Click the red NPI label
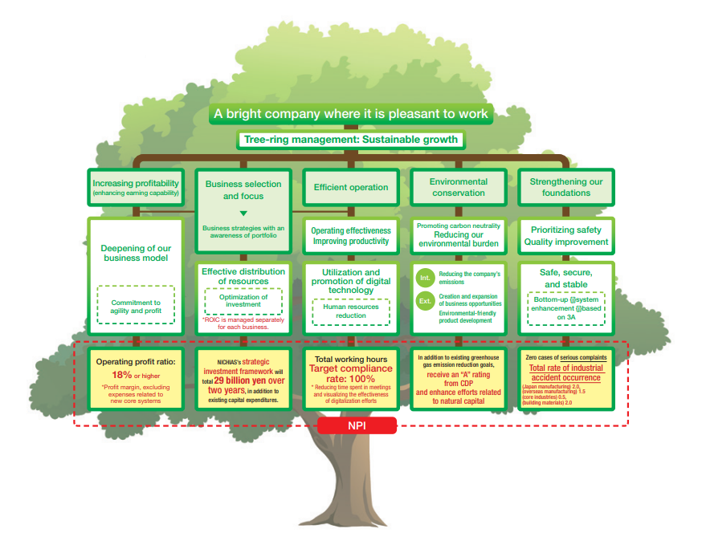357,425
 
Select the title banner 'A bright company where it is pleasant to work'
351,114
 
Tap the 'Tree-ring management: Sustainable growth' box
349,140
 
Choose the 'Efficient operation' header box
351,187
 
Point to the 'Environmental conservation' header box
458,187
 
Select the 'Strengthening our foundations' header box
565,187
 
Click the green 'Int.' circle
425,278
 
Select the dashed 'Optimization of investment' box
243,301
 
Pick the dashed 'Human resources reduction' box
350,311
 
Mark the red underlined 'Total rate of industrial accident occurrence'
565,372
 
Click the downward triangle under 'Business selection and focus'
243,213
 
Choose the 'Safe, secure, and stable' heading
565,279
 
